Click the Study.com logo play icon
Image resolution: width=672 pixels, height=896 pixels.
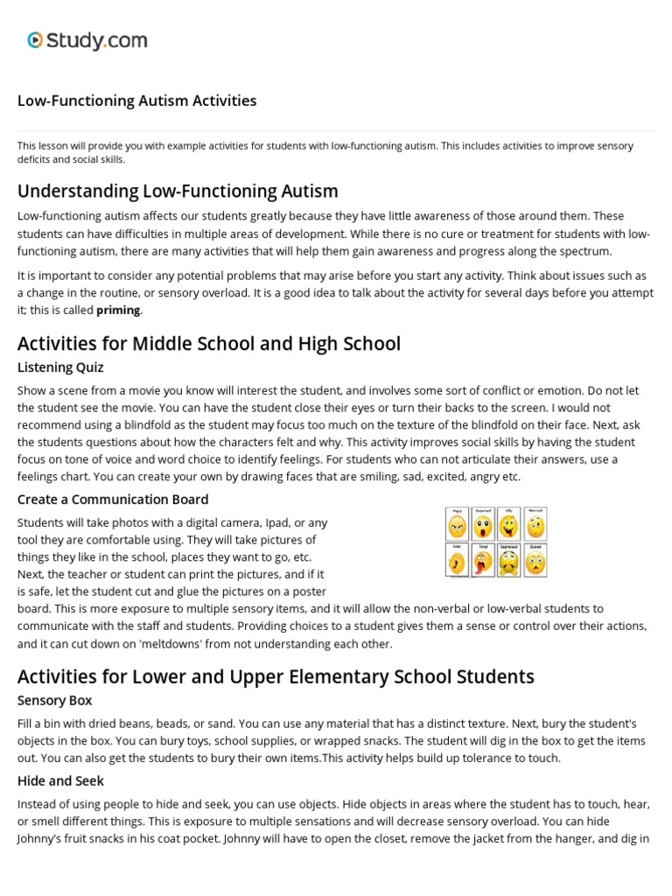35,39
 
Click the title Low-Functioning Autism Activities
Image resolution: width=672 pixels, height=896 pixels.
136,101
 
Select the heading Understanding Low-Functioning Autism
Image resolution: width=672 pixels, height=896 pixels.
178,191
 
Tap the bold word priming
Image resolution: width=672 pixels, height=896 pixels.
118,310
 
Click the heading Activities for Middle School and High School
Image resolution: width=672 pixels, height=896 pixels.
209,344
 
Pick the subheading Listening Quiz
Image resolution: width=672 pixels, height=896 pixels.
60,367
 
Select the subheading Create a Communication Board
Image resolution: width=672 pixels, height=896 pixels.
113,500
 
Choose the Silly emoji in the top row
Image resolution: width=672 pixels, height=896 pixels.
509,527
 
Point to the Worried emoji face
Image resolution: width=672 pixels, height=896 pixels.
535,527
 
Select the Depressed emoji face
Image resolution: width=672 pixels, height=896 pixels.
509,560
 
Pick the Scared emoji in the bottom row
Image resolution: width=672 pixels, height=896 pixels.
535,560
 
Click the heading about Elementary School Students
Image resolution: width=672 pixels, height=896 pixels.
276,676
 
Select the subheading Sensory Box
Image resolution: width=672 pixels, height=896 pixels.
55,701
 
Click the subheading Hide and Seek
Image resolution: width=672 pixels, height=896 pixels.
61,780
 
